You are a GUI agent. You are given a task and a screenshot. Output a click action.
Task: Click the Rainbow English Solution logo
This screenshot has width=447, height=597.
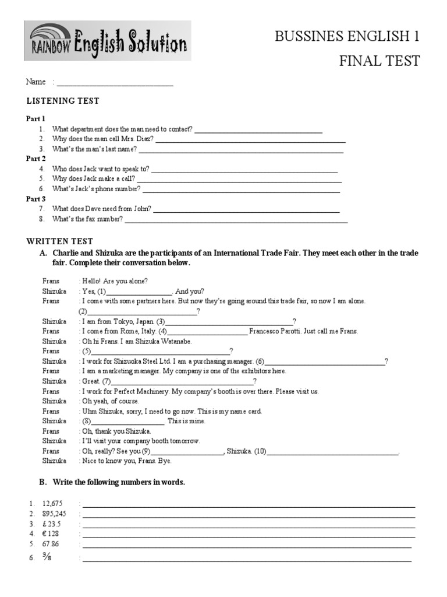click(x=107, y=41)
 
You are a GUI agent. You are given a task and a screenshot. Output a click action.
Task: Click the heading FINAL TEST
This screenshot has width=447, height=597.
click(x=379, y=61)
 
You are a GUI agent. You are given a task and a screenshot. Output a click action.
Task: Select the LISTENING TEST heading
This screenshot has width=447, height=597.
click(x=63, y=101)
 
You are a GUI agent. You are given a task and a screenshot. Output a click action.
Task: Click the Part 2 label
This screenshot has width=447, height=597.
click(x=36, y=159)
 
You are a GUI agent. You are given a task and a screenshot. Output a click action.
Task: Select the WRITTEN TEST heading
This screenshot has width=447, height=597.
click(x=60, y=241)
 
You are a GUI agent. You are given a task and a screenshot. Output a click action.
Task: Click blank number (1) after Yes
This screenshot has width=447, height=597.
click(x=139, y=292)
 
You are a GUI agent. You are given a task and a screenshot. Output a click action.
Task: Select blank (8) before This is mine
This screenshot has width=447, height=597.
click(x=127, y=421)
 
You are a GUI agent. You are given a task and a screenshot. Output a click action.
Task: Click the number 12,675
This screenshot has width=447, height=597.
click(x=52, y=503)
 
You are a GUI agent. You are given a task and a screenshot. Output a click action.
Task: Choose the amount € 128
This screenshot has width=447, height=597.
click(x=51, y=533)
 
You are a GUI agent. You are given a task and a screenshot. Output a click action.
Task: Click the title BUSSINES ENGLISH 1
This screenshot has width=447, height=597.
click(x=347, y=37)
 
